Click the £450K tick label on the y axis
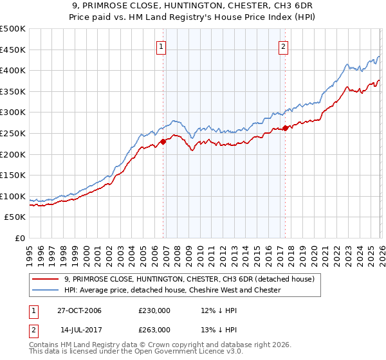point(13,50)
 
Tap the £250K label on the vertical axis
point(13,133)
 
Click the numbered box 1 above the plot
point(160,46)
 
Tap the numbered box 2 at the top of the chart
point(283,46)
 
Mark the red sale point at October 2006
point(163,142)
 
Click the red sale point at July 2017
point(285,128)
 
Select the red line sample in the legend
point(46,279)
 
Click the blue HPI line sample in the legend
point(46,290)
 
